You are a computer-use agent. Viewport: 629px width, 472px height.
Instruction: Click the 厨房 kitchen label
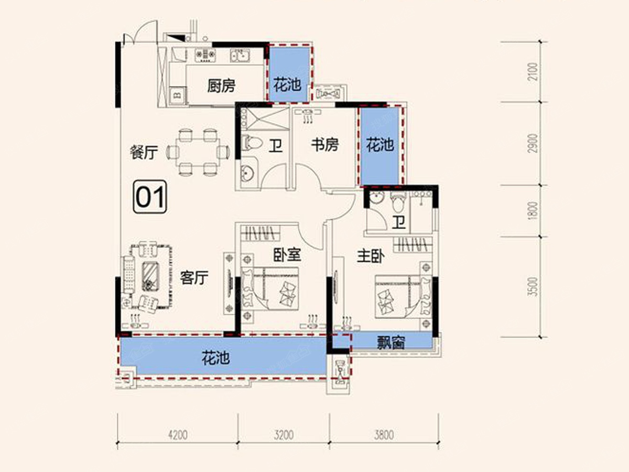221,85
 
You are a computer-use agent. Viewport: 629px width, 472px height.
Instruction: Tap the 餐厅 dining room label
144,152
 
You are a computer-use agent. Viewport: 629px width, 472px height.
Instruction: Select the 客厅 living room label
194,277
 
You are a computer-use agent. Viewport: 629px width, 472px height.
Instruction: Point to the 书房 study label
325,144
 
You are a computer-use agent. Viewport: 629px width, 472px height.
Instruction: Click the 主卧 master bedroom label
371,256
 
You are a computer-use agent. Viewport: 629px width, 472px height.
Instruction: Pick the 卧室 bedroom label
287,254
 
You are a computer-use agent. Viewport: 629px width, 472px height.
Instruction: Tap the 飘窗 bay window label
391,343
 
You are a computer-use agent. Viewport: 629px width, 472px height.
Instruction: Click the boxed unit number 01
150,197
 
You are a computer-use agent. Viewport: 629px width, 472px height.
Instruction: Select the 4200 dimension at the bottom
178,435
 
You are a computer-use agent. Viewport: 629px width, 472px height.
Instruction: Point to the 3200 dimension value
284,435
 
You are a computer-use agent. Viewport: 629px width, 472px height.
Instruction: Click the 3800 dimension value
384,435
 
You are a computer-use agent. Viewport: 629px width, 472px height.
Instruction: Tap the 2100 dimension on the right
533,72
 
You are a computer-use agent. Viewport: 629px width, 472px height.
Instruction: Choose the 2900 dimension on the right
533,143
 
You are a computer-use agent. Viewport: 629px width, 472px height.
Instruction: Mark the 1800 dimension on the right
533,211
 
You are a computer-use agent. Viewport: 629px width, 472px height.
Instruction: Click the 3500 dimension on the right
533,286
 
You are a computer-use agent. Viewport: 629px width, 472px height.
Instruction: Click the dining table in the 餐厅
198,152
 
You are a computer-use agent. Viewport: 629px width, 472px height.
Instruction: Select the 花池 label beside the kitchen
287,85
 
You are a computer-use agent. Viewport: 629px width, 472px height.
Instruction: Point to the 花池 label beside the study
379,145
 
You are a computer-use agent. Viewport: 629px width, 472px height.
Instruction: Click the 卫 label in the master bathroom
399,222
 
